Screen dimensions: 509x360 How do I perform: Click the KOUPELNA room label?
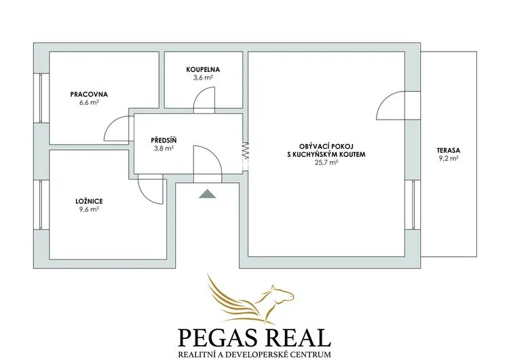pos(203,69)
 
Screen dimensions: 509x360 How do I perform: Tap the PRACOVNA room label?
pos(89,94)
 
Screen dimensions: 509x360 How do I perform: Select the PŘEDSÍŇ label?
pos(164,141)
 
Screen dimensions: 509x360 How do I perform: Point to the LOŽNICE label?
pos(89,202)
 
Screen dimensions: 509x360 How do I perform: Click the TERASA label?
pos(449,151)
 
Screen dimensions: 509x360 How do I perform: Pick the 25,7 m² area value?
pos(326,162)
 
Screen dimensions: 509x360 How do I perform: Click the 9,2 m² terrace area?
pos(449,159)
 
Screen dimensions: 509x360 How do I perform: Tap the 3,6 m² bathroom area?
pos(203,77)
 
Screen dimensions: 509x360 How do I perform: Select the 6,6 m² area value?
pos(89,103)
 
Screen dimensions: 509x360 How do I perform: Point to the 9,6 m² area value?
pos(89,210)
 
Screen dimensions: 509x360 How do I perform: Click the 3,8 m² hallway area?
pos(164,149)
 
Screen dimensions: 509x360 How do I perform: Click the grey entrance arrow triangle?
pos(208,194)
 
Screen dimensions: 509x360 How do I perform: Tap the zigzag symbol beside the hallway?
pos(246,150)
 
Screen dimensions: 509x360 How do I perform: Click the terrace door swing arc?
pos(385,99)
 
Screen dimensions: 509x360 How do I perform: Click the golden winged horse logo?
pos(250,298)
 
